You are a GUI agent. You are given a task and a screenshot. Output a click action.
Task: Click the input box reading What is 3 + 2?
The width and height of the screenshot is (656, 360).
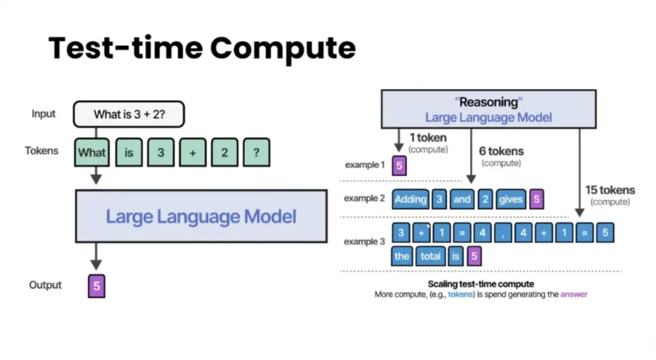click(129, 114)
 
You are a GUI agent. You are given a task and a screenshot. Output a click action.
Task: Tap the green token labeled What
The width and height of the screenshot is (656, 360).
click(92, 152)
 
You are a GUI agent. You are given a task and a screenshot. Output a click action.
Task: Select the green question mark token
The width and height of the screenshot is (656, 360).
click(256, 152)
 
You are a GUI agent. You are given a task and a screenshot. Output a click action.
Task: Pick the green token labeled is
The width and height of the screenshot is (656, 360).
click(129, 152)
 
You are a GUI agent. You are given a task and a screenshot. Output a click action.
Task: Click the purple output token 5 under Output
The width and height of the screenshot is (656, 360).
click(97, 286)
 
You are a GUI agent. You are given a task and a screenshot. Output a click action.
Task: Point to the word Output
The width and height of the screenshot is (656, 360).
click(45, 285)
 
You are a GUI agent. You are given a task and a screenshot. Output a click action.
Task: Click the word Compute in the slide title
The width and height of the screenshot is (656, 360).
click(283, 48)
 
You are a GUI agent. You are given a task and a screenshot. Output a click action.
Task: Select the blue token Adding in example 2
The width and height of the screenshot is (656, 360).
click(411, 199)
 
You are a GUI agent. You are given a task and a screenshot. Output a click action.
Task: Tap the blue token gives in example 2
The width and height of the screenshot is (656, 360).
click(511, 199)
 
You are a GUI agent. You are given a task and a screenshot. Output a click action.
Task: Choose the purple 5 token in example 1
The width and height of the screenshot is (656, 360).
click(399, 165)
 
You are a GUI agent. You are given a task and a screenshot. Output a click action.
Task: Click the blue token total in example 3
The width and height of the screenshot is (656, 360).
click(430, 256)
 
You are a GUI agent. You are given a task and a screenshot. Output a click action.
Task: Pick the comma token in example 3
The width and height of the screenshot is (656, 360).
click(503, 233)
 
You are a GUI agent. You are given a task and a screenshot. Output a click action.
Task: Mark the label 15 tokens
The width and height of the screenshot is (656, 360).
click(610, 190)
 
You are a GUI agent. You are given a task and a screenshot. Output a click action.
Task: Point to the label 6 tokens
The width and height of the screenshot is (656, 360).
click(501, 151)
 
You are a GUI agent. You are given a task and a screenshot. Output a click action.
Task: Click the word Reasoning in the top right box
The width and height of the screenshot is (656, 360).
click(489, 102)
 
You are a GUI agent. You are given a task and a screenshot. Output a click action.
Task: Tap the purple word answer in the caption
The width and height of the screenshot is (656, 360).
click(574, 295)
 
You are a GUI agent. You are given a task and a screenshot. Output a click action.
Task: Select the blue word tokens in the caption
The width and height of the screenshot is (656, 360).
click(460, 295)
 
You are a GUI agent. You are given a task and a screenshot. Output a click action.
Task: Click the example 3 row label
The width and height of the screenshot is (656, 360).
click(365, 241)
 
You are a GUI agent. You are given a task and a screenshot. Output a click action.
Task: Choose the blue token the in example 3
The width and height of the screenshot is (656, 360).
click(402, 256)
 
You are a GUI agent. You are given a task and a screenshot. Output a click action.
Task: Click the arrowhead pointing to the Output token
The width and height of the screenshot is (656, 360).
click(96, 265)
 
